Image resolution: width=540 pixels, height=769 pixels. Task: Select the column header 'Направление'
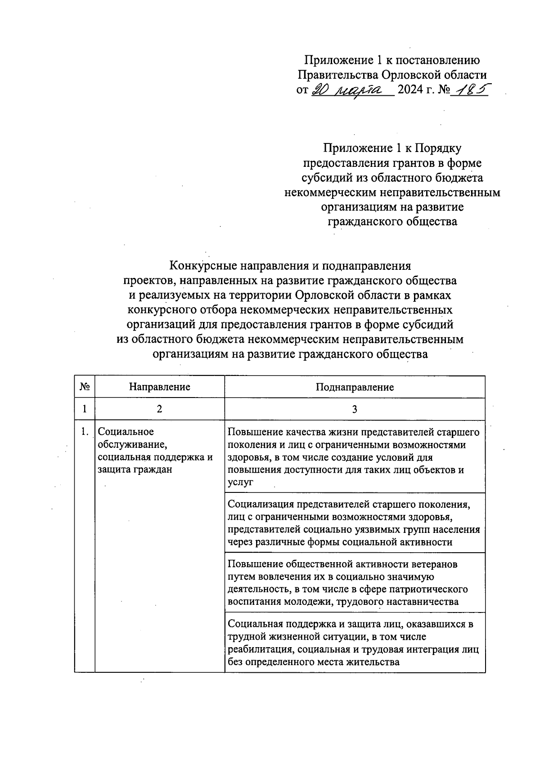pos(159,387)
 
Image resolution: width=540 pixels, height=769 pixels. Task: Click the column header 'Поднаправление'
pos(355,387)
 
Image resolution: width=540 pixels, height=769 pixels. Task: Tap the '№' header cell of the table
pos(85,387)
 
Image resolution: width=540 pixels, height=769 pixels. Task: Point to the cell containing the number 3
pos(355,410)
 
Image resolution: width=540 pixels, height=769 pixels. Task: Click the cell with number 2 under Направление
pos(159,410)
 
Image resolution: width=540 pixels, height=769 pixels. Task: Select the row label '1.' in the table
pos(84,432)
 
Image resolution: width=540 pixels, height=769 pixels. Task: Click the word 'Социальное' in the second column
pos(126,432)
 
